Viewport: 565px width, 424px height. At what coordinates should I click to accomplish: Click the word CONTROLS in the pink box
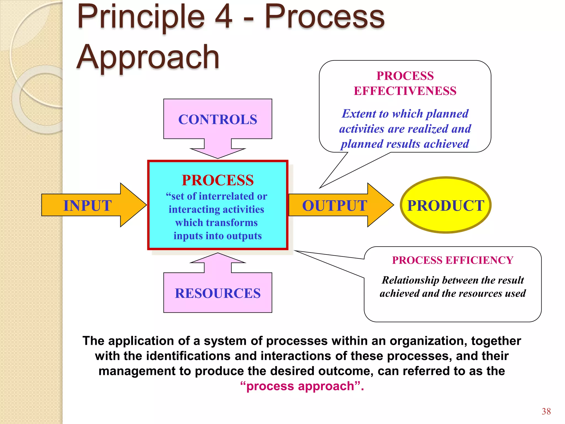click(218, 120)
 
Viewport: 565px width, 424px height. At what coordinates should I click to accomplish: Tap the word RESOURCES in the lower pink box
click(218, 293)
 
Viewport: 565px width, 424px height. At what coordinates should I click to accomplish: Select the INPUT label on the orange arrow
click(87, 206)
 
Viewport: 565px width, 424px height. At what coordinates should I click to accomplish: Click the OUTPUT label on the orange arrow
click(334, 206)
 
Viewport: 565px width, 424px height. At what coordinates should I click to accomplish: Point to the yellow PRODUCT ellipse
click(446, 205)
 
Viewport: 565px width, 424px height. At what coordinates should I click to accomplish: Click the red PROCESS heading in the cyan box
click(218, 180)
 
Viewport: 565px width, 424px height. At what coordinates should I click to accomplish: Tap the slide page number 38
click(546, 411)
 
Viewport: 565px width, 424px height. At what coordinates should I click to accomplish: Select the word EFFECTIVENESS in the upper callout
click(405, 91)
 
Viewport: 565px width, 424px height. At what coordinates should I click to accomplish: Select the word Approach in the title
click(148, 57)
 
